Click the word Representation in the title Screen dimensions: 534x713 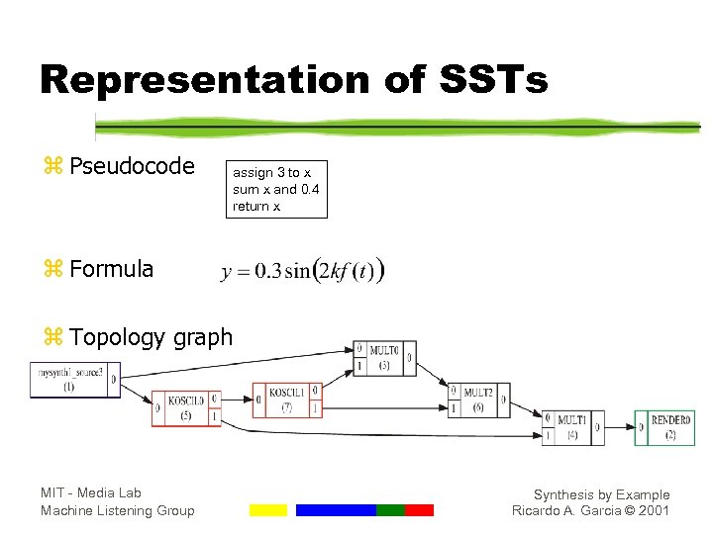click(x=204, y=79)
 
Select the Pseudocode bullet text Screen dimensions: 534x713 click(x=132, y=166)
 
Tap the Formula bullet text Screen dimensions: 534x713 click(x=111, y=268)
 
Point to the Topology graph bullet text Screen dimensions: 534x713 click(x=151, y=337)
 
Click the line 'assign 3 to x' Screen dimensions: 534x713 click(x=271, y=173)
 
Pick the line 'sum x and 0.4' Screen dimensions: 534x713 click(x=275, y=189)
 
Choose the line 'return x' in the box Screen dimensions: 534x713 click(x=256, y=206)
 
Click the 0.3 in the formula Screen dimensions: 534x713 click(x=266, y=272)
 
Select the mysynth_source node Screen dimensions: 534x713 click(x=75, y=380)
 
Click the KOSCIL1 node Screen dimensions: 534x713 click(x=287, y=400)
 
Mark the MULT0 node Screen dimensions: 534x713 click(x=385, y=358)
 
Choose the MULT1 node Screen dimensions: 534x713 click(x=572, y=427)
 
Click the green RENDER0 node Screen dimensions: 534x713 click(x=670, y=427)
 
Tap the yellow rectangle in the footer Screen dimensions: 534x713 click(x=267, y=510)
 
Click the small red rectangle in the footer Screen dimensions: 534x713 click(x=419, y=510)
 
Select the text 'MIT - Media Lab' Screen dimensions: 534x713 click(x=91, y=492)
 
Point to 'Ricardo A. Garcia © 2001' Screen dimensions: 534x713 click(x=590, y=510)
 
